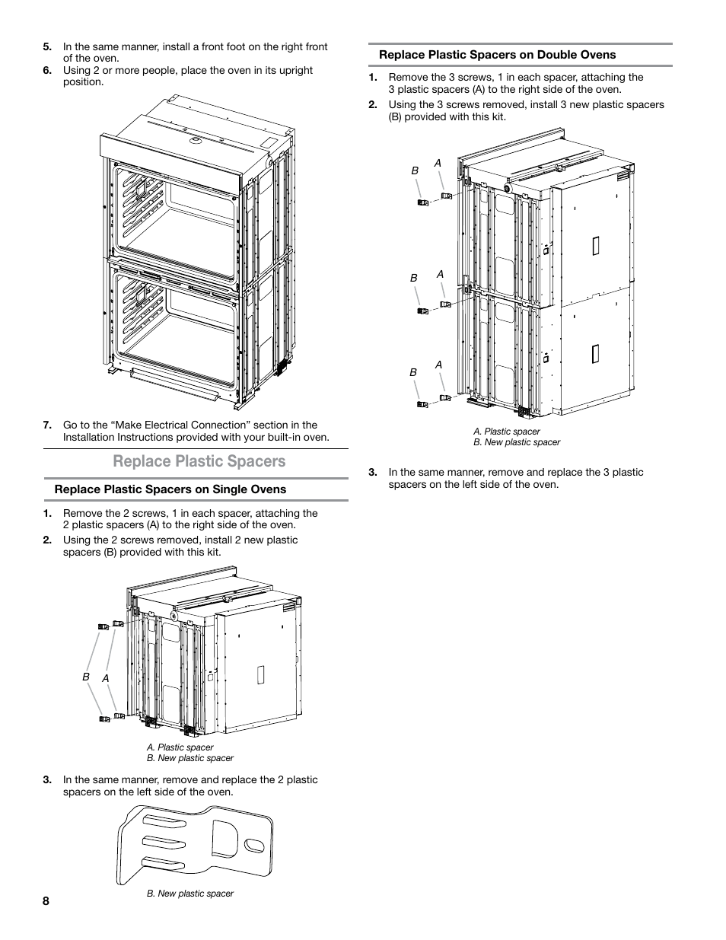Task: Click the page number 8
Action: pos(46,901)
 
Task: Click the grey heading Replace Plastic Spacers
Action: pos(199,461)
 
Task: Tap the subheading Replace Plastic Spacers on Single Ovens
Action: pos(170,489)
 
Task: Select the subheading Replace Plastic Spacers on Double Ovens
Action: pos(498,55)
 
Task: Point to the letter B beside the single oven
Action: pos(86,677)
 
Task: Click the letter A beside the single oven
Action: pos(106,677)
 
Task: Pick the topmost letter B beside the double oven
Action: pos(416,171)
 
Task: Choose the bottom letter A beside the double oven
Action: pos(439,365)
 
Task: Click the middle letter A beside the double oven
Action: pos(440,274)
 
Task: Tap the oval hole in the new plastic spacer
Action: pos(255,846)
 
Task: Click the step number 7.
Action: pos(47,425)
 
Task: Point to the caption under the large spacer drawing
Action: pos(190,894)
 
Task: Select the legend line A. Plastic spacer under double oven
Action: pos(507,432)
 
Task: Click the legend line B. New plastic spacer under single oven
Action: pos(190,758)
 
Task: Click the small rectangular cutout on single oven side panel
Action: pos(260,674)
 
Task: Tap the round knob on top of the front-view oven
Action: pos(194,140)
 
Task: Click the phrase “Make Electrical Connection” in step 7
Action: pos(170,425)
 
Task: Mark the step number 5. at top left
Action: pos(47,46)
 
